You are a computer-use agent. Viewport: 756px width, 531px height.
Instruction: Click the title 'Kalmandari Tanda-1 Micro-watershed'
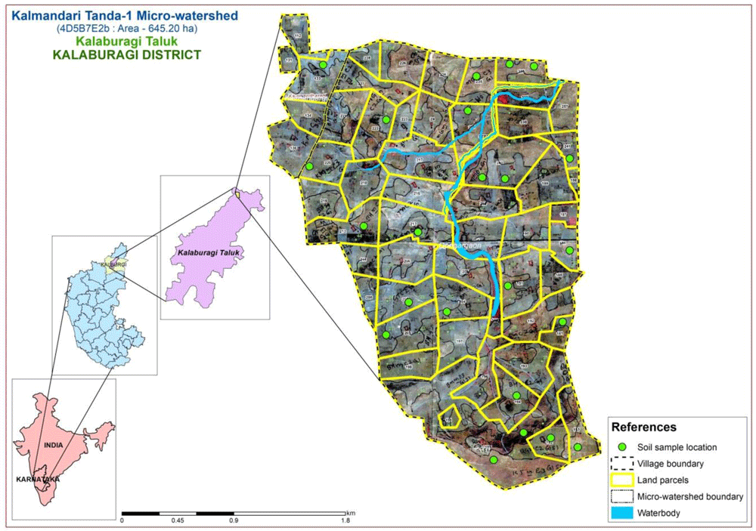(109, 14)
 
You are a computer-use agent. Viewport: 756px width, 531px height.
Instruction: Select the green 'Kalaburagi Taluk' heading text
(110, 42)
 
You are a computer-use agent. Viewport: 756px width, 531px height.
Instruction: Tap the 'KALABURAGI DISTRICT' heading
(110, 55)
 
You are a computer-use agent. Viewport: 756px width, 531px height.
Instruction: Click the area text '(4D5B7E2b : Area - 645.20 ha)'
(110, 28)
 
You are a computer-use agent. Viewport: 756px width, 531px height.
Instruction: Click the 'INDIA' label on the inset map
(53, 445)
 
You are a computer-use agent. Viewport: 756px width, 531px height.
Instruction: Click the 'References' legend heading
(643, 428)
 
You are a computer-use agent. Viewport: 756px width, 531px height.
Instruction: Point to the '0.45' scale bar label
(178, 520)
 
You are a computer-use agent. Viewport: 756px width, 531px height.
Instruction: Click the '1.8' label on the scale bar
(346, 520)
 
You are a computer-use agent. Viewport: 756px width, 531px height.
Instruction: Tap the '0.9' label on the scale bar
(234, 520)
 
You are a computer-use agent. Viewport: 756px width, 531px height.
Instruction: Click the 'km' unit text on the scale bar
(351, 512)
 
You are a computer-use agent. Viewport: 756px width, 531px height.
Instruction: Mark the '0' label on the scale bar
(122, 520)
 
